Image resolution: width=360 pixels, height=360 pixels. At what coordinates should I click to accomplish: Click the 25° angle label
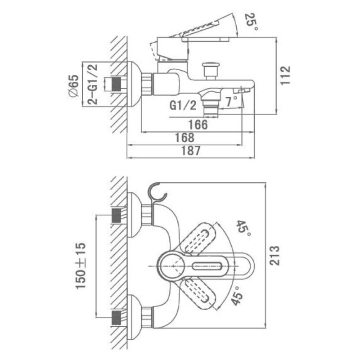pyautogui.click(x=252, y=22)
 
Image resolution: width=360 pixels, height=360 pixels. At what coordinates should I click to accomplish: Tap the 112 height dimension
pyautogui.click(x=285, y=75)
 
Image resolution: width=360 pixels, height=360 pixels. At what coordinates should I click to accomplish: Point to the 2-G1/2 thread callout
pyautogui.click(x=92, y=84)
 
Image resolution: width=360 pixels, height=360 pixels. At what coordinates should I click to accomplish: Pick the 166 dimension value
pyautogui.click(x=198, y=125)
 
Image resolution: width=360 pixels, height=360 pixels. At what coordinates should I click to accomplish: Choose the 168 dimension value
pyautogui.click(x=184, y=138)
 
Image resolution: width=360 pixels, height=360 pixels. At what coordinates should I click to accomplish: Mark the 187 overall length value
pyautogui.click(x=191, y=151)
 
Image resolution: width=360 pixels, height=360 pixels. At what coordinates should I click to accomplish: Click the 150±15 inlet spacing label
pyautogui.click(x=81, y=265)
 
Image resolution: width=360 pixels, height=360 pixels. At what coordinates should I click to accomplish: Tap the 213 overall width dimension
pyautogui.click(x=274, y=255)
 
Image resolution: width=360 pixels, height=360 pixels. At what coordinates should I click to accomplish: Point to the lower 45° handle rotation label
pyautogui.click(x=238, y=296)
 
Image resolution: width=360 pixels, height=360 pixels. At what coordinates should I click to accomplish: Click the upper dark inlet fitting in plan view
pyautogui.click(x=116, y=216)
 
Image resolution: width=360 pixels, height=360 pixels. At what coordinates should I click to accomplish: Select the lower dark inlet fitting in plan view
pyautogui.click(x=116, y=318)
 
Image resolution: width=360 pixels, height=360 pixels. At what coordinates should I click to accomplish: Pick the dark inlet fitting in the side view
pyautogui.click(x=116, y=84)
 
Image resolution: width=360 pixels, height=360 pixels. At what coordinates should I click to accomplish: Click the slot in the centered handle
pyautogui.click(x=207, y=266)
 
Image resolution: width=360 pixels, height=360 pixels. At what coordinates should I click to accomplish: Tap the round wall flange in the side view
pyautogui.click(x=134, y=84)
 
